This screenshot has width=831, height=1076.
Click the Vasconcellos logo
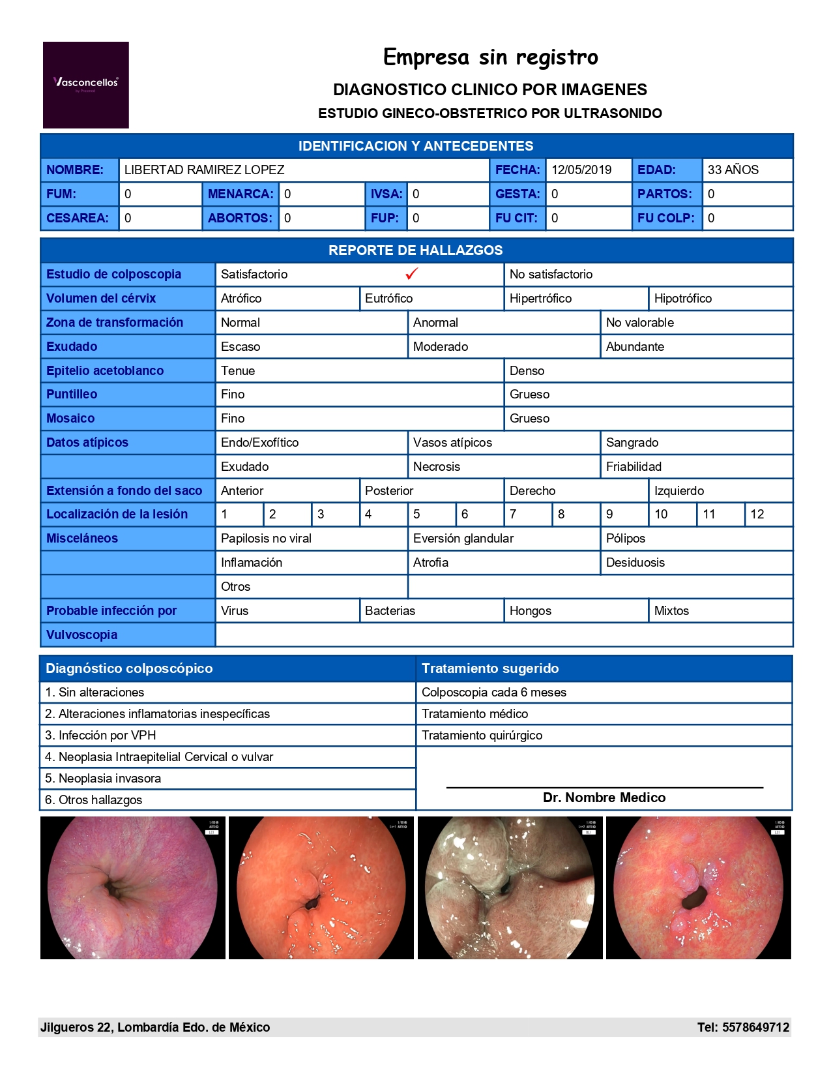[85, 85]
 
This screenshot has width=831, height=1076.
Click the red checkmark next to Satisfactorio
[411, 274]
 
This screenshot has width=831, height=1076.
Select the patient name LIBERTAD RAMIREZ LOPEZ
[205, 170]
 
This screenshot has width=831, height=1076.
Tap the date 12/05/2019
[581, 170]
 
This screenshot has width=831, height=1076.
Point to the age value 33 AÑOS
[733, 170]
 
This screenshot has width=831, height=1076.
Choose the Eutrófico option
[389, 299]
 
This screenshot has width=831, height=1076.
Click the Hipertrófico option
[540, 299]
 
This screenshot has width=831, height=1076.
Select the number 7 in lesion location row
[514, 515]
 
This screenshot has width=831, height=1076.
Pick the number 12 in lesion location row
[757, 515]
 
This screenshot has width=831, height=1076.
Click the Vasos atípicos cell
[452, 443]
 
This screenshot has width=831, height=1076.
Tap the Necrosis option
[437, 467]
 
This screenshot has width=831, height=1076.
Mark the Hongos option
[530, 611]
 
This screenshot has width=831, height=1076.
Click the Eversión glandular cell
[463, 539]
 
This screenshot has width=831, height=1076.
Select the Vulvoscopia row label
[82, 635]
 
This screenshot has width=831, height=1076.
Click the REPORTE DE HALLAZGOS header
[416, 250]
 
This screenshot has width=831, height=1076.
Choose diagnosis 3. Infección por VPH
[101, 736]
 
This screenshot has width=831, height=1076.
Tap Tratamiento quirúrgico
[482, 736]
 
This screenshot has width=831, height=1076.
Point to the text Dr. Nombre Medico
[604, 798]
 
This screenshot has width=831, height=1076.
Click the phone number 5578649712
[756, 1028]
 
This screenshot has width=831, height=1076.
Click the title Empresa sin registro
[490, 57]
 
